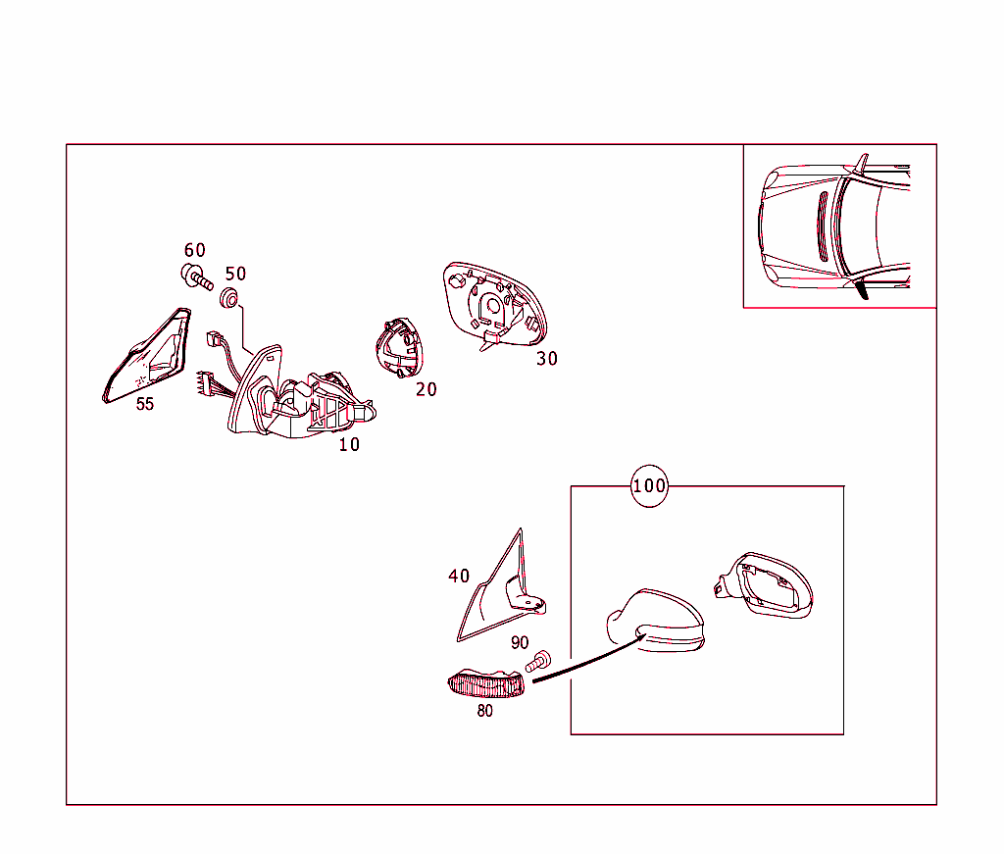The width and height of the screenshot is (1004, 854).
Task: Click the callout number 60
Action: pyautogui.click(x=195, y=250)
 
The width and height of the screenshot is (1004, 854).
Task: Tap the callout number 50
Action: pyautogui.click(x=235, y=274)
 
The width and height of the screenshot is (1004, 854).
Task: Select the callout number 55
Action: pyautogui.click(x=145, y=404)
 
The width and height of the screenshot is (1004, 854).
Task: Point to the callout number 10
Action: pyautogui.click(x=349, y=444)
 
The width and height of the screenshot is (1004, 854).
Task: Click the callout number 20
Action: pyautogui.click(x=426, y=389)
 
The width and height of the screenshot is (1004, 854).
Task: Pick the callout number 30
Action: pyautogui.click(x=547, y=359)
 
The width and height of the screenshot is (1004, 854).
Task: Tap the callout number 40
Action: pyautogui.click(x=459, y=577)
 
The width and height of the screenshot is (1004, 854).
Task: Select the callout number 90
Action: pyautogui.click(x=520, y=643)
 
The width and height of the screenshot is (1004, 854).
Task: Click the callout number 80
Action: pyautogui.click(x=484, y=711)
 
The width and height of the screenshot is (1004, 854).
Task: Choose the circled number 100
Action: pyautogui.click(x=649, y=486)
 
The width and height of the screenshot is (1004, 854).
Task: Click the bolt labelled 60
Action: pyautogui.click(x=196, y=276)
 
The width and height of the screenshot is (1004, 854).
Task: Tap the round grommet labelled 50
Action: pyautogui.click(x=229, y=298)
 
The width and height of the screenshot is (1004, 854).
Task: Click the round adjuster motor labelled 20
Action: pyautogui.click(x=399, y=348)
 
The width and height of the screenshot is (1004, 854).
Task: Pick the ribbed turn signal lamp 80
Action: pyautogui.click(x=485, y=683)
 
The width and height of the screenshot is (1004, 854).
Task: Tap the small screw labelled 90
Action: pyautogui.click(x=538, y=661)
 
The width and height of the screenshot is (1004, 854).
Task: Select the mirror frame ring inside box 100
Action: pyautogui.click(x=765, y=585)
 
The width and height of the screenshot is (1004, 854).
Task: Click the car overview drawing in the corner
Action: pyautogui.click(x=833, y=226)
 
